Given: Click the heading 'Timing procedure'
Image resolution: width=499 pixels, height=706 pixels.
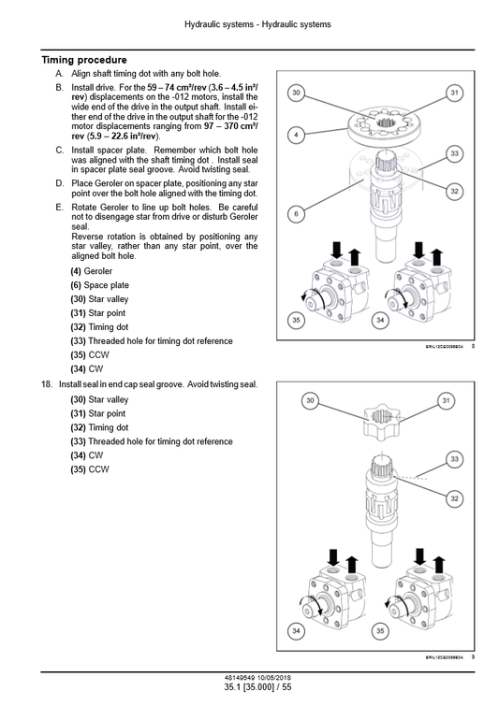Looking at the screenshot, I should [x=84, y=60].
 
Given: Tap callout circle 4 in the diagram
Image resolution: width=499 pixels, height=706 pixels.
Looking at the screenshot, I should [x=296, y=135].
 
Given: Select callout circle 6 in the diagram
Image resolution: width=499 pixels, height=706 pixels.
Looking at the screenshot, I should [x=296, y=214].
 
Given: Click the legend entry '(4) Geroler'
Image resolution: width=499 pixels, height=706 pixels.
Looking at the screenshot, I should [x=91, y=271].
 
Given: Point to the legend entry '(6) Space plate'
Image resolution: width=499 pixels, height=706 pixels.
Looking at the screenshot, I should [x=99, y=285].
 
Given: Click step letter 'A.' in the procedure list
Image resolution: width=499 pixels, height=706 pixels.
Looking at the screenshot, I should [x=60, y=73].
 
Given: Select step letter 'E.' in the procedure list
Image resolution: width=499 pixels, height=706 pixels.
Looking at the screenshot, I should [x=60, y=208].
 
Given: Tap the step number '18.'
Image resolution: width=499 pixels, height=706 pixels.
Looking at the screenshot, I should [x=47, y=384].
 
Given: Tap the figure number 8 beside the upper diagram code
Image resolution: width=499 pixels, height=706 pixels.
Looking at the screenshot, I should [x=474, y=347].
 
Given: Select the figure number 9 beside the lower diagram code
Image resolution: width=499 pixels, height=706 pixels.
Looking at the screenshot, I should [x=474, y=657].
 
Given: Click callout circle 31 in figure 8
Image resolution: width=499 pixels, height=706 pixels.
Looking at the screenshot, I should [x=454, y=93].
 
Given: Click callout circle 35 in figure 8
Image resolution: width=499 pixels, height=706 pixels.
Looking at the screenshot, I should [x=296, y=321].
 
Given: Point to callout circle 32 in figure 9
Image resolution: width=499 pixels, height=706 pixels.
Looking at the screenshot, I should [x=454, y=498].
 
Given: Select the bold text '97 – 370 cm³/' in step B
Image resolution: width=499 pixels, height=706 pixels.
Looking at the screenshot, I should [x=228, y=125].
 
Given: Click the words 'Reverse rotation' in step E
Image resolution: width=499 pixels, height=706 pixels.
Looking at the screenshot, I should [x=104, y=237].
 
